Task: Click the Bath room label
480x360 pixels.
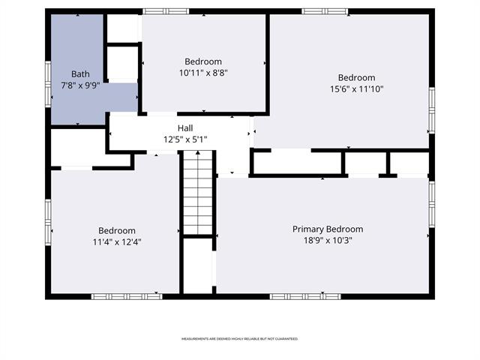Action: tap(80, 74)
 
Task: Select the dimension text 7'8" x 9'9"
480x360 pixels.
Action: tap(80, 85)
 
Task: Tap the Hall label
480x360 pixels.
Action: tap(185, 128)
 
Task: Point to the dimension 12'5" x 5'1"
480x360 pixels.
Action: tap(185, 139)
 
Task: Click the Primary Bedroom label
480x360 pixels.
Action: tap(328, 229)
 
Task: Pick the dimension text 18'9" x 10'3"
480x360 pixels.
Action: tap(328, 240)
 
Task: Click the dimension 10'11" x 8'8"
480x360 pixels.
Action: tap(203, 73)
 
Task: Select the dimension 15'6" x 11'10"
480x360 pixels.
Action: tap(356, 89)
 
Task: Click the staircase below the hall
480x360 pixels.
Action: tap(198, 193)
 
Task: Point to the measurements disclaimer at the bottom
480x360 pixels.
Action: tap(240, 339)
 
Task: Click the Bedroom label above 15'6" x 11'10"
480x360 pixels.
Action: tap(356, 78)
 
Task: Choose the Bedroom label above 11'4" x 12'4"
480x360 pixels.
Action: tap(116, 231)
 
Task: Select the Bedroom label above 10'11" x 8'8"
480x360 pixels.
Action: tap(203, 61)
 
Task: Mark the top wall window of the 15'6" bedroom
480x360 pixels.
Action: tap(325, 11)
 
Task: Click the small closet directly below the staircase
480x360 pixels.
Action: tap(198, 266)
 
